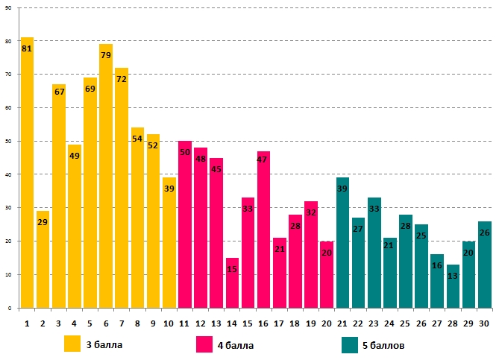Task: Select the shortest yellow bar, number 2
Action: (x=43, y=261)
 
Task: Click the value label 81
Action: (x=27, y=48)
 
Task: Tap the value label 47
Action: (x=263, y=160)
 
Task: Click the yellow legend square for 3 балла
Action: (x=72, y=344)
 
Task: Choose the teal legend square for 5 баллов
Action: (x=351, y=344)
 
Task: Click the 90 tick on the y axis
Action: (x=7, y=7)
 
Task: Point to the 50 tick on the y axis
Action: (x=7, y=141)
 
